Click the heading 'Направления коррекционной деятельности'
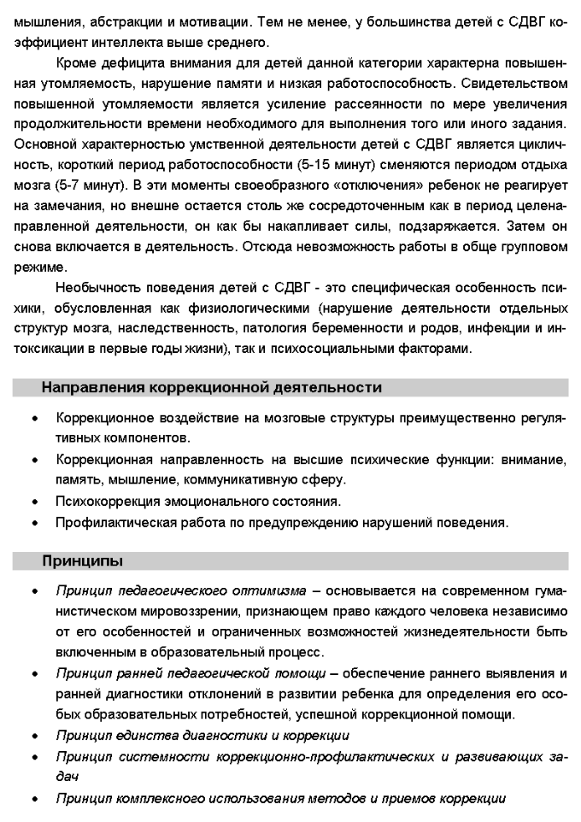coord(211,387)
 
